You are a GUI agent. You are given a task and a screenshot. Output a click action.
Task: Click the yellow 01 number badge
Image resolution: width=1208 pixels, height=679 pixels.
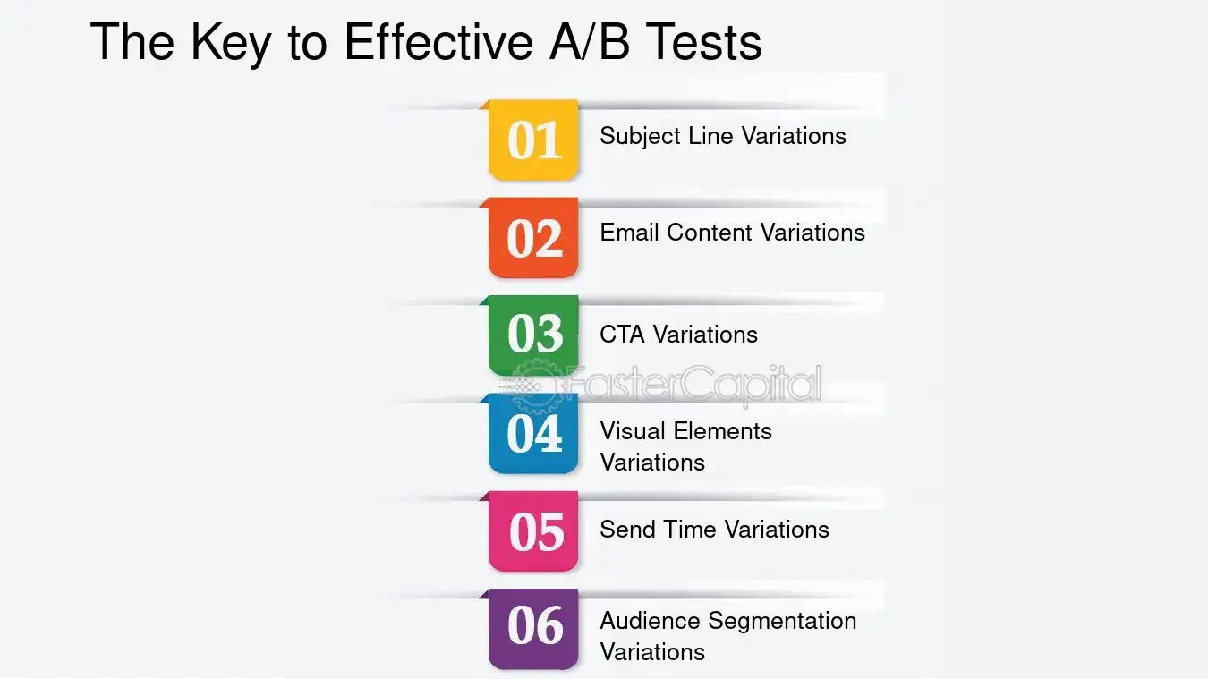coord(534,140)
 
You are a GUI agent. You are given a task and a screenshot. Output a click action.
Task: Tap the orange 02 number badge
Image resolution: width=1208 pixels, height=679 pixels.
coord(534,238)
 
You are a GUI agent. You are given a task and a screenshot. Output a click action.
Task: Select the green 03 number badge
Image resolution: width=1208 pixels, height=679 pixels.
coord(534,335)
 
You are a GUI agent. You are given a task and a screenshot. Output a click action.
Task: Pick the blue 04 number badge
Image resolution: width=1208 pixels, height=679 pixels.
coord(534,433)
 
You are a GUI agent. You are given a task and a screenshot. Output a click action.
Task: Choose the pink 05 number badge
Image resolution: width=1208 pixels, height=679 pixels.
coord(534,531)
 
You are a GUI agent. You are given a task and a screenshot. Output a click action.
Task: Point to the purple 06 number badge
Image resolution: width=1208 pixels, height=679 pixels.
coord(534,627)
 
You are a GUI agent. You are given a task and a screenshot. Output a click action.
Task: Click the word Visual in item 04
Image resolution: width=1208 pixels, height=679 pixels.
coord(629,431)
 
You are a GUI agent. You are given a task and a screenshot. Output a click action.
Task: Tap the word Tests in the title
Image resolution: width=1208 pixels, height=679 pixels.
coord(706,41)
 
